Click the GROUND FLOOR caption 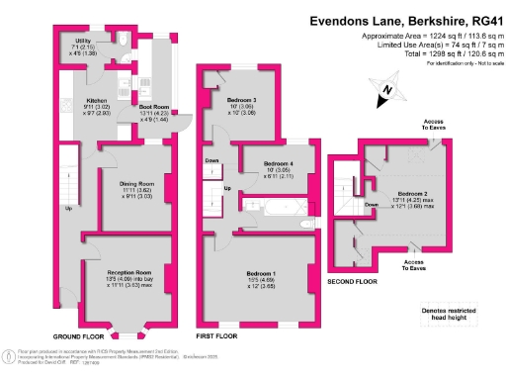pyautogui.click(x=80, y=336)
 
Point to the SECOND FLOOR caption pyautogui.click(x=352, y=281)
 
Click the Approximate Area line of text pyautogui.click(x=426, y=36)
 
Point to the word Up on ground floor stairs pyautogui.click(x=68, y=209)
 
